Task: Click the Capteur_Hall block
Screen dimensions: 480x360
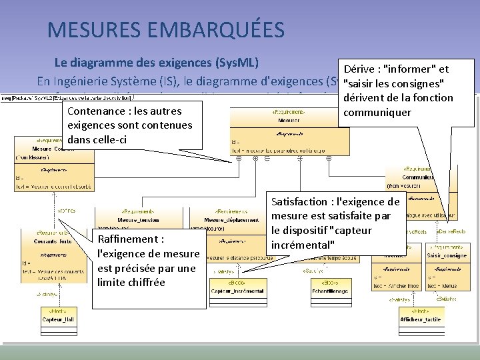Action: (x=59, y=319)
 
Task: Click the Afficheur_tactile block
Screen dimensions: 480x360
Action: (x=420, y=319)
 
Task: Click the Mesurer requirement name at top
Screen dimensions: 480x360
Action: (x=289, y=121)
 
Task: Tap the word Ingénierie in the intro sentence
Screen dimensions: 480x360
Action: (x=89, y=82)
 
